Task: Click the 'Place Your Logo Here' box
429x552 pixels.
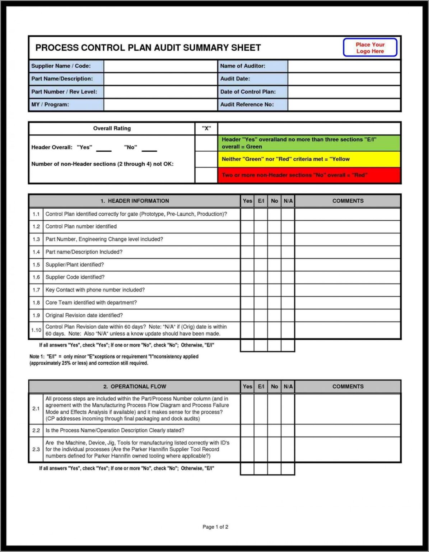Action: point(370,48)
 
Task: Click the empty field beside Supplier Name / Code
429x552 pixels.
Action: point(160,66)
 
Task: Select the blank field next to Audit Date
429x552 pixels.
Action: point(344,79)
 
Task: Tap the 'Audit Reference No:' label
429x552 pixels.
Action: point(247,105)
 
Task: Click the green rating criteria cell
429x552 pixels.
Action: point(309,143)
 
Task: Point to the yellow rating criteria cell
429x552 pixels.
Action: point(309,159)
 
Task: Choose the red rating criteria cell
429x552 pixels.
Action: point(309,175)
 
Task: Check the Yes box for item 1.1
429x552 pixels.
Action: point(247,214)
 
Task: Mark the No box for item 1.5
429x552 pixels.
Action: point(274,265)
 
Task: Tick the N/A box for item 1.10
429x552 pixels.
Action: point(288,330)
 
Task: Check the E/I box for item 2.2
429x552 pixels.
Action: point(261,431)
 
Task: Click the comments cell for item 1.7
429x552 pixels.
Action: point(348,290)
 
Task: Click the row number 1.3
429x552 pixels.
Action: point(36,239)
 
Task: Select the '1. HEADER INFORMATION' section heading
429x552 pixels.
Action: point(135,201)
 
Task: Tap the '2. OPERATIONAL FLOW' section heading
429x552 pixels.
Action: point(135,387)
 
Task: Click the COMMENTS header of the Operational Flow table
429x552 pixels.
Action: point(348,387)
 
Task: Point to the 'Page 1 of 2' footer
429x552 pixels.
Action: point(215,527)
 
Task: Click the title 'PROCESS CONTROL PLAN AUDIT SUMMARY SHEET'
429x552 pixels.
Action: point(148,48)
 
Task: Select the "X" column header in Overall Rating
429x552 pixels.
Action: point(206,128)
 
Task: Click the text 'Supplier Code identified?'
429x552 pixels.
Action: point(75,277)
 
